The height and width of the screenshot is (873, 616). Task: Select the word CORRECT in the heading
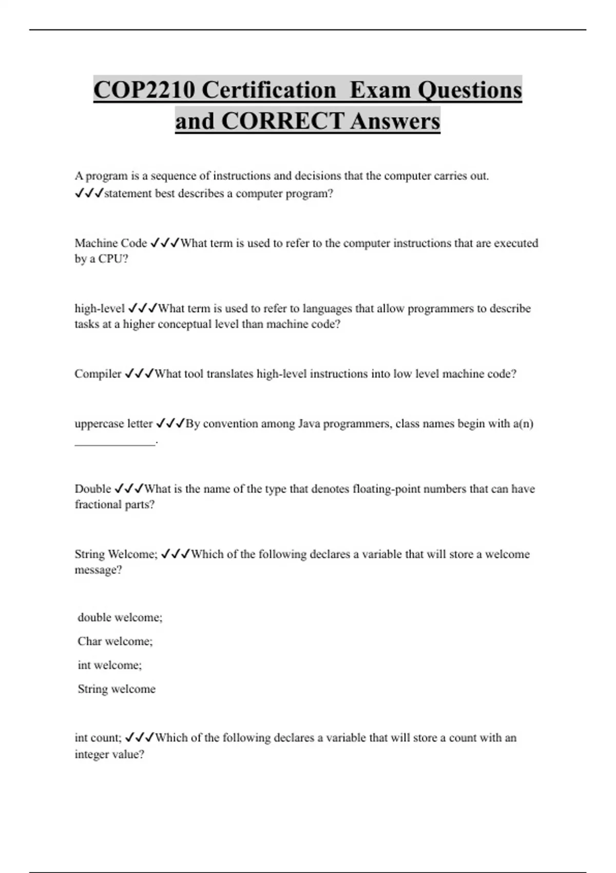[282, 122]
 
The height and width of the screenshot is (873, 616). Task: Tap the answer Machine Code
[110, 243]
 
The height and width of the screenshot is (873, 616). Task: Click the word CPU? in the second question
[113, 259]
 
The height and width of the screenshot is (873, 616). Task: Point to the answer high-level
[100, 309]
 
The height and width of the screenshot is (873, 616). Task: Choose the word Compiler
[98, 374]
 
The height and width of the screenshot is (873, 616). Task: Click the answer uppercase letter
[113, 424]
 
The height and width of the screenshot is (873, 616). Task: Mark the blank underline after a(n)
[115, 443]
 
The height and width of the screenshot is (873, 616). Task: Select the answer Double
[93, 489]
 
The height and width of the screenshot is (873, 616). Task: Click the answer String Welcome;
[116, 554]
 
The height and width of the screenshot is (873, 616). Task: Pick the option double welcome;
[120, 618]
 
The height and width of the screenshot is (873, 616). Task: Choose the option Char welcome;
[115, 641]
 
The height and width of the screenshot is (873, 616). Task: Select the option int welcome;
[109, 666]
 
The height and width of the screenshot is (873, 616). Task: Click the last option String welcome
[117, 689]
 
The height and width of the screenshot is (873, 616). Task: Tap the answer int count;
[98, 738]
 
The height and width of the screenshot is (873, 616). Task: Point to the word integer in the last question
[91, 754]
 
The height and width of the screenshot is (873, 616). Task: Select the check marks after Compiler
[139, 374]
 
